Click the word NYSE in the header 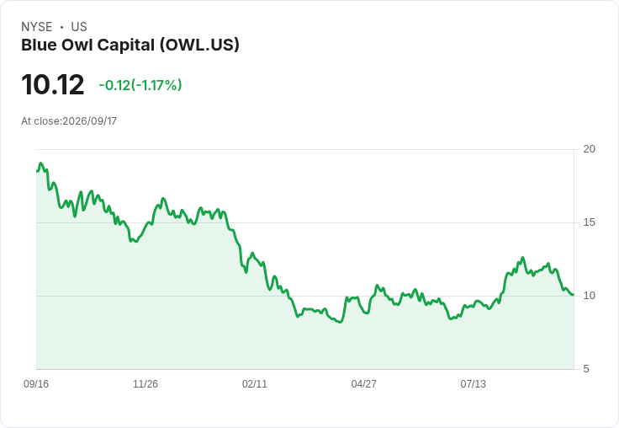click(x=37, y=27)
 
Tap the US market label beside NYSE click(x=79, y=27)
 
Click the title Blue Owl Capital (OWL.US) click(x=130, y=45)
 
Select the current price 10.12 click(x=53, y=84)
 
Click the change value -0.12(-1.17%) click(x=140, y=85)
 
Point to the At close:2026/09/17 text click(x=69, y=121)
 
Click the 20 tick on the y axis click(x=589, y=149)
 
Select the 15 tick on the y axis click(x=589, y=222)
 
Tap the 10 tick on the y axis click(x=589, y=296)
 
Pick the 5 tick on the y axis click(x=586, y=369)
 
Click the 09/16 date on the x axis click(x=36, y=383)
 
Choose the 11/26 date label click(x=145, y=383)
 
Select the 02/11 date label click(x=255, y=383)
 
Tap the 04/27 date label click(x=363, y=383)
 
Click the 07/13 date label click(x=473, y=383)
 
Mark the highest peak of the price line click(x=40, y=163)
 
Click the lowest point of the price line click(x=341, y=323)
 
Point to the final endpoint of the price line click(x=573, y=294)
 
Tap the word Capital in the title click(x=125, y=45)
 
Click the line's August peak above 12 click(x=522, y=258)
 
